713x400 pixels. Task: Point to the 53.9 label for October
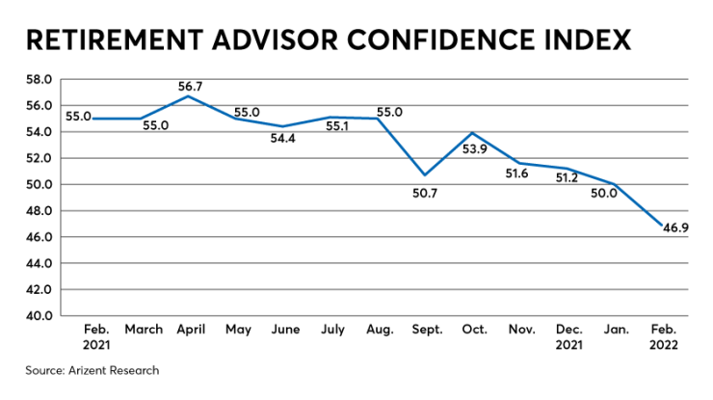(x=476, y=149)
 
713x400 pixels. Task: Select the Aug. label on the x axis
(x=379, y=330)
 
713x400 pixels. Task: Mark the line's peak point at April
(x=190, y=96)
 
